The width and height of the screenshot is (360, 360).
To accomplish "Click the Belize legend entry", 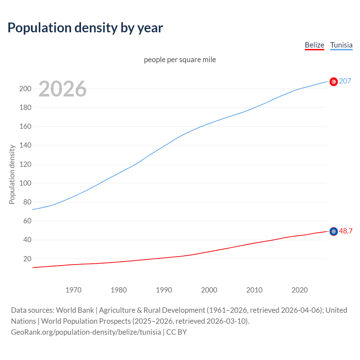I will tap(314, 45).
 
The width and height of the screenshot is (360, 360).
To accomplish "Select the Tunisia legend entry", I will tap(341, 45).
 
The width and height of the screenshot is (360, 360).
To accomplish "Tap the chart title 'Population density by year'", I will tap(85, 28).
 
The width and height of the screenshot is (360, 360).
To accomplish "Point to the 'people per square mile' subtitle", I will tap(180, 60).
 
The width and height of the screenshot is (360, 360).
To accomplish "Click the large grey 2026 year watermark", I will tap(62, 89).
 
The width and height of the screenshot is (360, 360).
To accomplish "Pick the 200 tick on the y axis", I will tap(25, 89).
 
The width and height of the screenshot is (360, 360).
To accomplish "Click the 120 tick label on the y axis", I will tap(25, 164).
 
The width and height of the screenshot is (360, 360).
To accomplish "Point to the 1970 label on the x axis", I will tap(73, 290).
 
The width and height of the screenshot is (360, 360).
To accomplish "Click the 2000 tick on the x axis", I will tap(209, 290).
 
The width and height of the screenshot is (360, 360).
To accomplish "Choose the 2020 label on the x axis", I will tap(300, 290).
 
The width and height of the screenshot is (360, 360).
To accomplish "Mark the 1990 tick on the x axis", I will tap(164, 290).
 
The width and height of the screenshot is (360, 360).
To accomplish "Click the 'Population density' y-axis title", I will tap(12, 174).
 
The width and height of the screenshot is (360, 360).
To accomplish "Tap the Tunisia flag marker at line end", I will tap(334, 82).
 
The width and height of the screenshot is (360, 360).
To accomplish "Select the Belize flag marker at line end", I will tap(334, 231).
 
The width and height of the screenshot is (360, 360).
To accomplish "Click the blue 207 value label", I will tap(345, 81).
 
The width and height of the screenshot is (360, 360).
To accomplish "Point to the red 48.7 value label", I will tap(346, 231).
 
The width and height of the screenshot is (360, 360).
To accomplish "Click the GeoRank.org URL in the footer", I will tap(86, 332).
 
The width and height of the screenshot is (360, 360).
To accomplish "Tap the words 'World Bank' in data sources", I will tap(75, 310).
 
